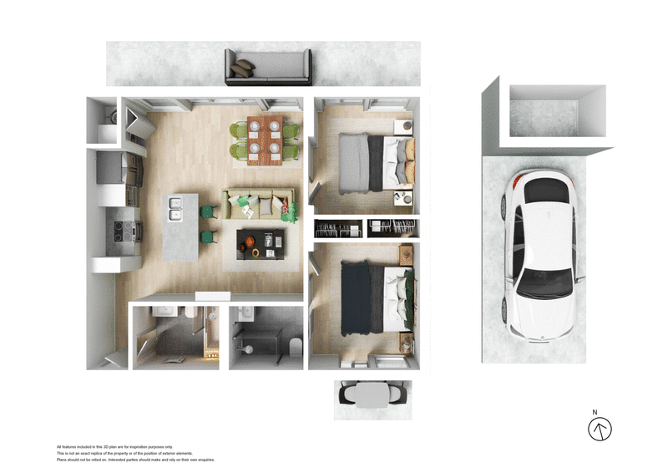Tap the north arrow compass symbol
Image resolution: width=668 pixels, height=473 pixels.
click(600, 430)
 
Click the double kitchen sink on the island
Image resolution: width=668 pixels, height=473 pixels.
click(176, 208)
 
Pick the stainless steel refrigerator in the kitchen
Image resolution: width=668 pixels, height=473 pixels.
click(114, 166)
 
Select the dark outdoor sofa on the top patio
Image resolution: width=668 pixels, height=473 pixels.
click(268, 67)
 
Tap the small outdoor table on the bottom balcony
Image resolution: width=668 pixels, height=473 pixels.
click(373, 395)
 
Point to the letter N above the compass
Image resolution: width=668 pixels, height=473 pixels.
click(595, 412)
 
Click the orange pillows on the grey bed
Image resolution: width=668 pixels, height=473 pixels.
click(408, 161)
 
